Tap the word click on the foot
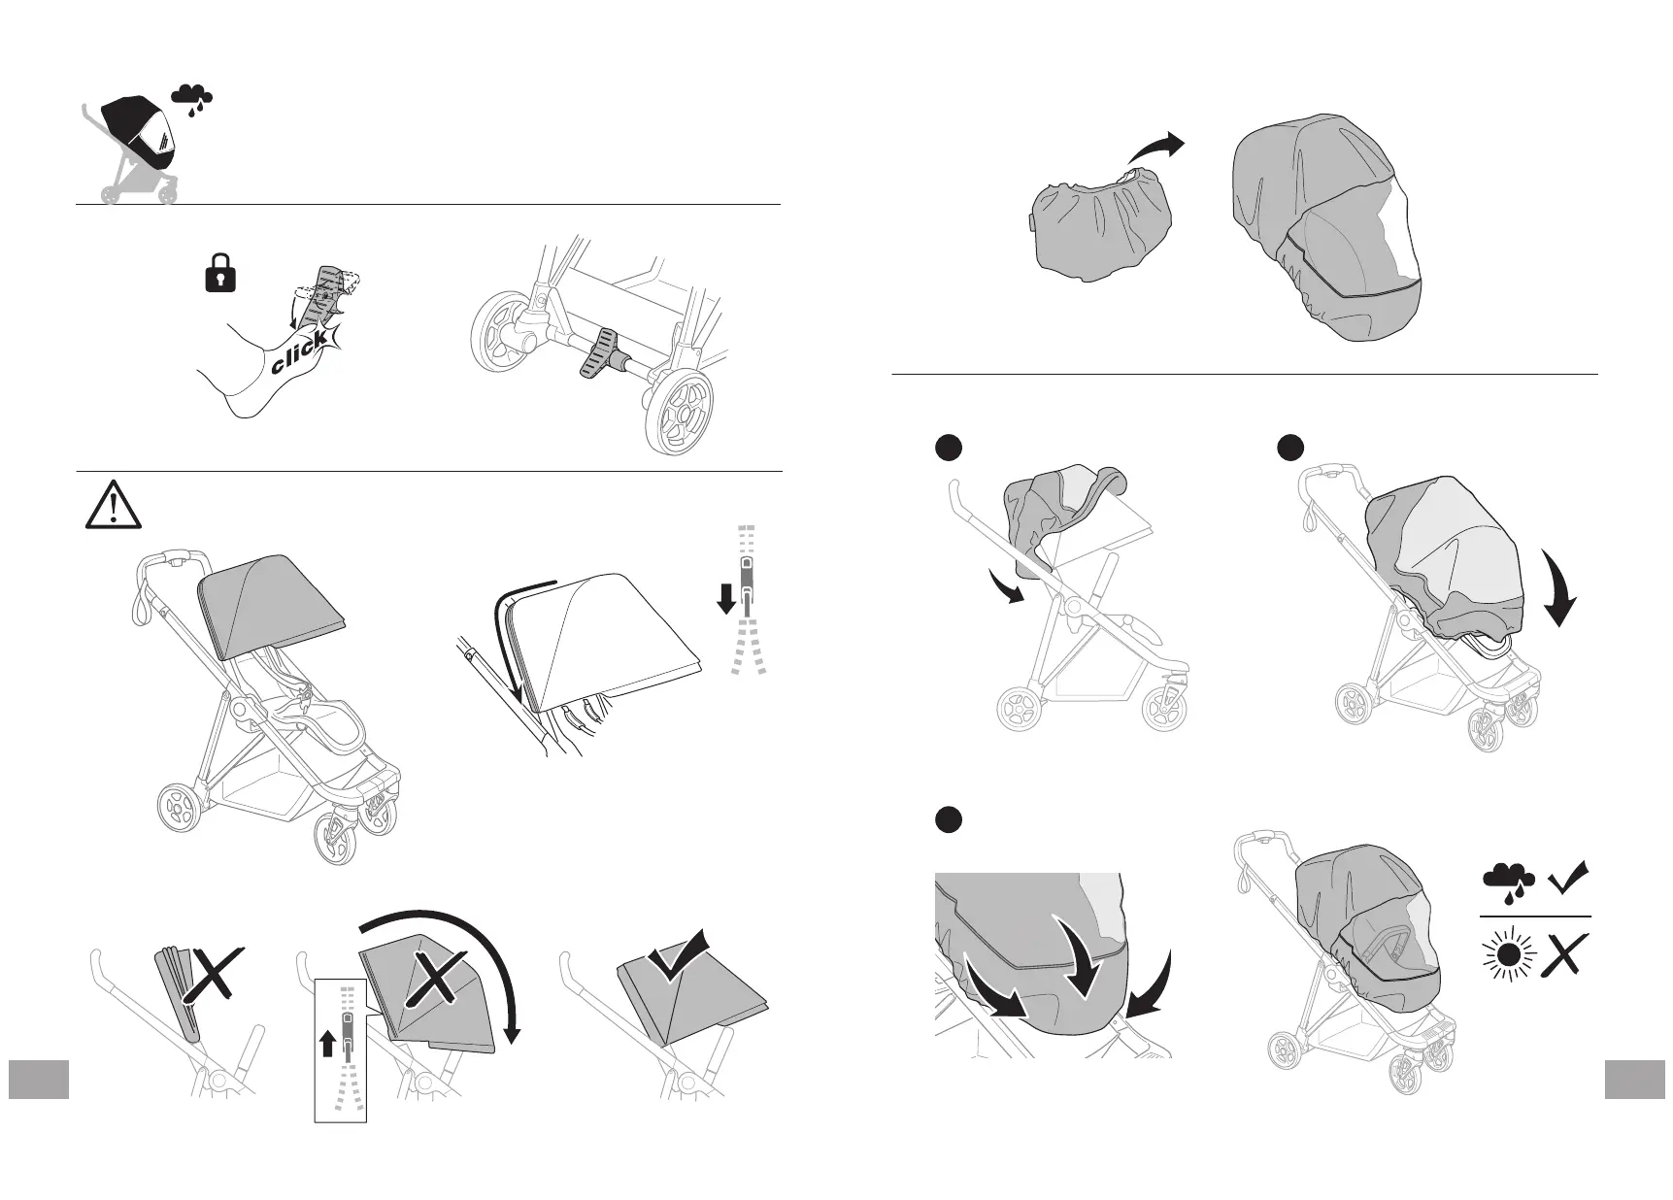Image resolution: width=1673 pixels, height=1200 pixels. [299, 355]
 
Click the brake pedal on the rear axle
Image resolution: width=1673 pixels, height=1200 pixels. [601, 352]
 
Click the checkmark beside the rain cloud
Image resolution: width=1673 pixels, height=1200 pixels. [1567, 878]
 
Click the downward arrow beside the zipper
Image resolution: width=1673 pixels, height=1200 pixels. [725, 602]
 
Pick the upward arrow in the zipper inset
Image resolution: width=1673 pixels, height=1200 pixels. [327, 1044]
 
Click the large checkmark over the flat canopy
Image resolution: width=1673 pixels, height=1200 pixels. [679, 954]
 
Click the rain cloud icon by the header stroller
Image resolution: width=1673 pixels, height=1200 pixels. [192, 98]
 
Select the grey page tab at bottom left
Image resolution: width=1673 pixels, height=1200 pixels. [39, 1080]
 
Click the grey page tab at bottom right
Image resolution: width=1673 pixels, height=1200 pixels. [1635, 1080]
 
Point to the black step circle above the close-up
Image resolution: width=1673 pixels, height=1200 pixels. [949, 818]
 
